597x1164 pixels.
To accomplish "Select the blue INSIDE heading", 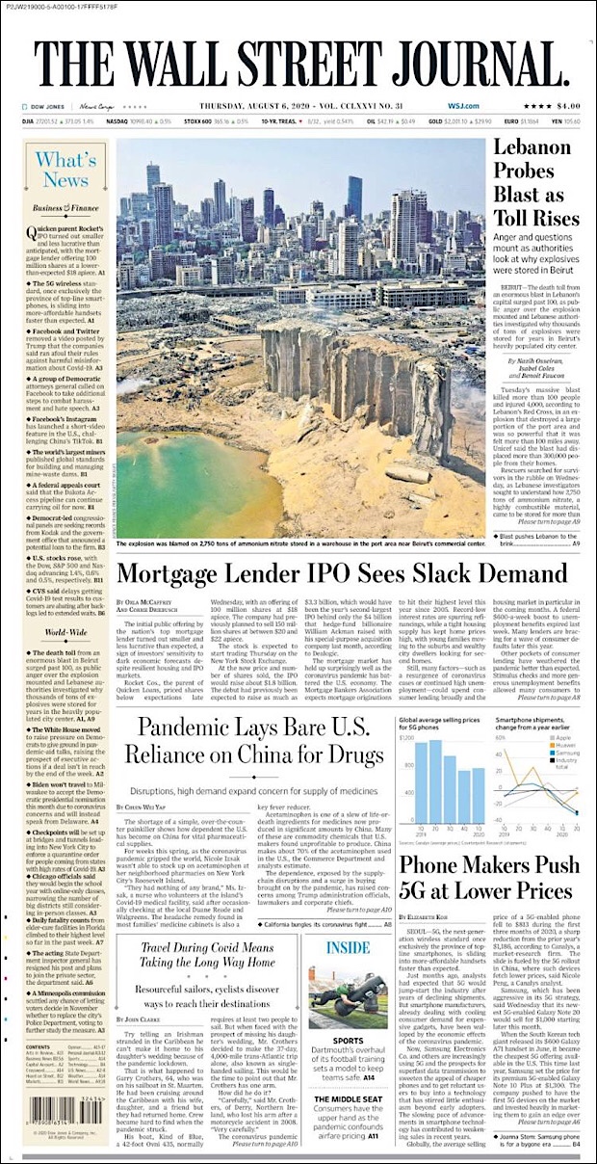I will coord(348,947).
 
